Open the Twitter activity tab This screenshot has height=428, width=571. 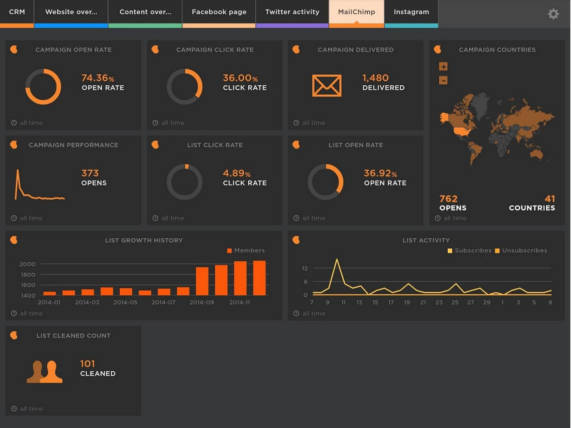292,12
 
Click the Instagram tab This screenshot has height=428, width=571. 411,12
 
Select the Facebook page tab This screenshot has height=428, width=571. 219,12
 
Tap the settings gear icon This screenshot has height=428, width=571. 553,14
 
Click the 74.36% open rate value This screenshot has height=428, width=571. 97,78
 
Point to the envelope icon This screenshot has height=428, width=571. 327,85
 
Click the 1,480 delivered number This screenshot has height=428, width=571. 375,78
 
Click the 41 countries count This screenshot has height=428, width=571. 549,199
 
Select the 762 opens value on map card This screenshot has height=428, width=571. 448,199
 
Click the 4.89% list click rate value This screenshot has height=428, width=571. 236,174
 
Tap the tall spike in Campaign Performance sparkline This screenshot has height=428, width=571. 18,172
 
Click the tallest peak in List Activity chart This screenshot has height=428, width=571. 337,260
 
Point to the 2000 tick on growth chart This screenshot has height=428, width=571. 27,264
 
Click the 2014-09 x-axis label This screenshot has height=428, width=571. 202,303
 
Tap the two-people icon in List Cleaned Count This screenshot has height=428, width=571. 45,371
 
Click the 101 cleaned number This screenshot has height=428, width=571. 87,364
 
